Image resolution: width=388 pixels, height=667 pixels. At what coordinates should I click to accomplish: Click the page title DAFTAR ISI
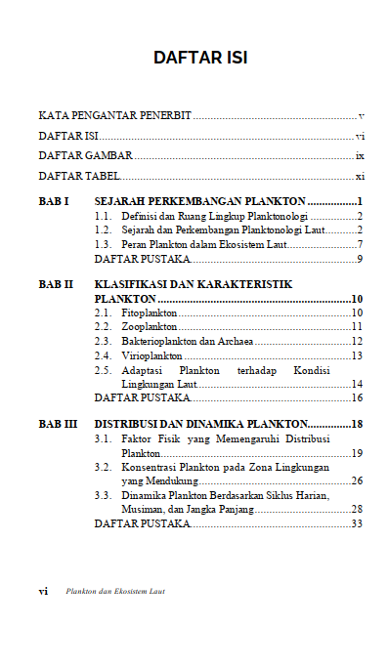(199, 58)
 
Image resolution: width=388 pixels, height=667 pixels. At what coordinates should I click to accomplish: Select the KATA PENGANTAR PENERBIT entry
(114, 116)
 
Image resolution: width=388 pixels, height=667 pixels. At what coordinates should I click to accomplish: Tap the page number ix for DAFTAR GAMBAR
(360, 156)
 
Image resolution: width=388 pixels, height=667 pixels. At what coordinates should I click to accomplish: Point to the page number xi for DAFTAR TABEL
(360, 177)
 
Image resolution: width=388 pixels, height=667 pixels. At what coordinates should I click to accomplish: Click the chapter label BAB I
(53, 201)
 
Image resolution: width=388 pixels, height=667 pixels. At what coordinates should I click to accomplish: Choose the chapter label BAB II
(56, 284)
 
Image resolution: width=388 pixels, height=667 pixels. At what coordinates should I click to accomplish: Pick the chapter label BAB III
(58, 425)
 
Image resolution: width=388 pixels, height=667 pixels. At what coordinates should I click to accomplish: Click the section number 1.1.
(102, 216)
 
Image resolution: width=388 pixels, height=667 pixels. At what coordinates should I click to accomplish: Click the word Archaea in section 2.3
(235, 342)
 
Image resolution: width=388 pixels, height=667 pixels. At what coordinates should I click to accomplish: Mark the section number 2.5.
(102, 371)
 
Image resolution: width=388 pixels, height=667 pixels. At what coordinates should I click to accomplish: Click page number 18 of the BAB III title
(357, 425)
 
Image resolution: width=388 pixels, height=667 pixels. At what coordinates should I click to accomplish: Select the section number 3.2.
(102, 468)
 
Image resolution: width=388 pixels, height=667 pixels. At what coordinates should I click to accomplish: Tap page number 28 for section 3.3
(357, 510)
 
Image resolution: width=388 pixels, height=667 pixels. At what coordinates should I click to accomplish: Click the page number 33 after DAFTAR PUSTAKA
(357, 524)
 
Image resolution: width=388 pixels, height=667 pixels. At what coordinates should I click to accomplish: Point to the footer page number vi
(43, 592)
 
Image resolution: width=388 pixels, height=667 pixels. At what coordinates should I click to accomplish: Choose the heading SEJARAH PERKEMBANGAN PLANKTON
(200, 201)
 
